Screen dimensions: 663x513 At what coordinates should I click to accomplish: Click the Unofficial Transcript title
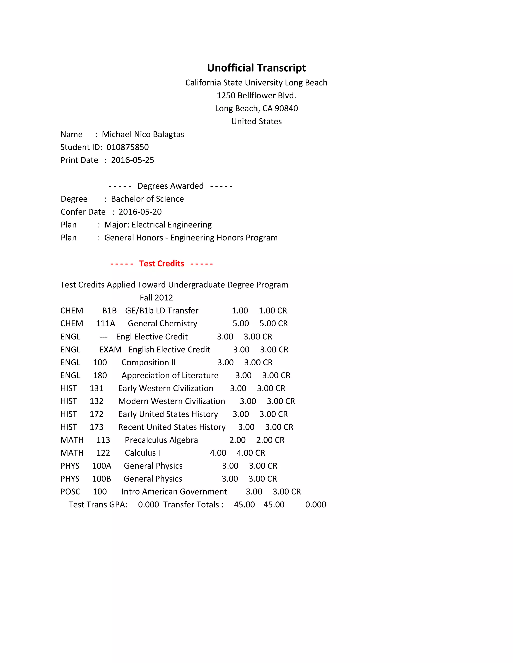[x=256, y=68]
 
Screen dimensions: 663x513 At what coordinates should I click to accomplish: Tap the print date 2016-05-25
[x=133, y=160]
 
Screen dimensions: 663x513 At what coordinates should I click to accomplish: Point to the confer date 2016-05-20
[x=140, y=212]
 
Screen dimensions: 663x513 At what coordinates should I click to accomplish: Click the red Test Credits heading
[x=161, y=263]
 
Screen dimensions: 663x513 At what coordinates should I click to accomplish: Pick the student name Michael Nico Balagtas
[x=143, y=135]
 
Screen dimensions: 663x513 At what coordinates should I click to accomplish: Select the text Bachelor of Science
[x=147, y=199]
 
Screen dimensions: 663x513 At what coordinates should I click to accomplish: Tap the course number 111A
[x=105, y=323]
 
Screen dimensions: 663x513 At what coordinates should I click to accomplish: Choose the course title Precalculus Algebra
[x=161, y=440]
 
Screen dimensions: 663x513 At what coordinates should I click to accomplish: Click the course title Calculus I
[x=142, y=453]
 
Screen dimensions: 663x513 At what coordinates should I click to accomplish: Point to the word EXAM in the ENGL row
[x=110, y=350]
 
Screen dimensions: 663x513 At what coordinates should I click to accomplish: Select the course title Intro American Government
[x=174, y=492]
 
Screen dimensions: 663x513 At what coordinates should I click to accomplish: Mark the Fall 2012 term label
[x=156, y=298]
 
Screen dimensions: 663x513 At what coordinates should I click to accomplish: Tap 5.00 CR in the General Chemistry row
[x=273, y=323]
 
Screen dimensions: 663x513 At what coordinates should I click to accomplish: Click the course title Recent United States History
[x=172, y=427]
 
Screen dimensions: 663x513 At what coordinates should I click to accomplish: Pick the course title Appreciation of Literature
[x=170, y=376]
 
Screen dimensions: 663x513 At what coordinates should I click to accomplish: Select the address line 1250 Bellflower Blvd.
[x=256, y=96]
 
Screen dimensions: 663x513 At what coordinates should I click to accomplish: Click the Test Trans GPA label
[x=98, y=505]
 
